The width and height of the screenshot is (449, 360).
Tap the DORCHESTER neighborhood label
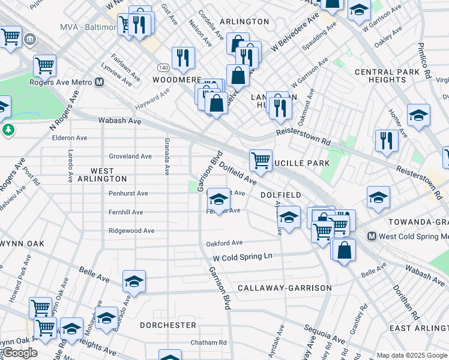click(168, 325)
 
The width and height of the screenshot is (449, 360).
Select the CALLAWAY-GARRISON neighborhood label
click(285, 288)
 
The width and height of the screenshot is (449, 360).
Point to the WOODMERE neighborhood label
click(176, 79)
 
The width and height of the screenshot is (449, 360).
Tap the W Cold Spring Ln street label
click(243, 256)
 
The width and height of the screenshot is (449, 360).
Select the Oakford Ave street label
click(224, 243)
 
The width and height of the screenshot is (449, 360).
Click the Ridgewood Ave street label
click(131, 230)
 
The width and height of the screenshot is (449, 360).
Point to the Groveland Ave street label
click(130, 156)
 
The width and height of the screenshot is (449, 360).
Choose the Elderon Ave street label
click(70, 137)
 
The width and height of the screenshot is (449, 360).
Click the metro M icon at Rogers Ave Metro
click(100, 82)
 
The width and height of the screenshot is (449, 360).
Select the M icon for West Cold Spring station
click(372, 236)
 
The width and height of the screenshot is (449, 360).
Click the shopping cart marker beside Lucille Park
click(261, 160)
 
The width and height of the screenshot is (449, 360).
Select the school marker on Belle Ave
click(134, 281)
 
